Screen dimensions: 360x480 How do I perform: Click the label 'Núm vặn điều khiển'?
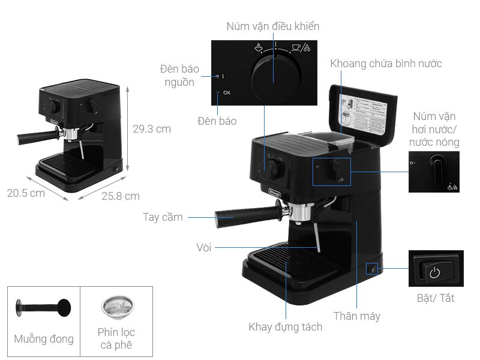[272, 26]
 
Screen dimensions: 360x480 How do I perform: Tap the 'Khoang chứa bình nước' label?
[386, 63]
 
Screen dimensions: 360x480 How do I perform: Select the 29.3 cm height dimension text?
[151, 129]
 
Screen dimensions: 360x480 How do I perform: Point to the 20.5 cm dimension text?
[26, 193]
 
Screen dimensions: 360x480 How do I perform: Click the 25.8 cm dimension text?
[120, 196]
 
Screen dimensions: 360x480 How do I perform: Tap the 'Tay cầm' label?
[163, 217]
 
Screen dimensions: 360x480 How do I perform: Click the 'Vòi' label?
[203, 247]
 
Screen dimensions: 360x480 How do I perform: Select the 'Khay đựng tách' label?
[285, 326]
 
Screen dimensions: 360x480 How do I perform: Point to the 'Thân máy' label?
[357, 316]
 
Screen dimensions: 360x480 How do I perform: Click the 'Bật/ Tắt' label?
[435, 298]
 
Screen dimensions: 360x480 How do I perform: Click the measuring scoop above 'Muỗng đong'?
[43, 308]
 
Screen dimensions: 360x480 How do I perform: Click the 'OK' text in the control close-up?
[226, 93]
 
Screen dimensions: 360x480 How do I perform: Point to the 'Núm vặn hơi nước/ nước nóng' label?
[434, 128]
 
